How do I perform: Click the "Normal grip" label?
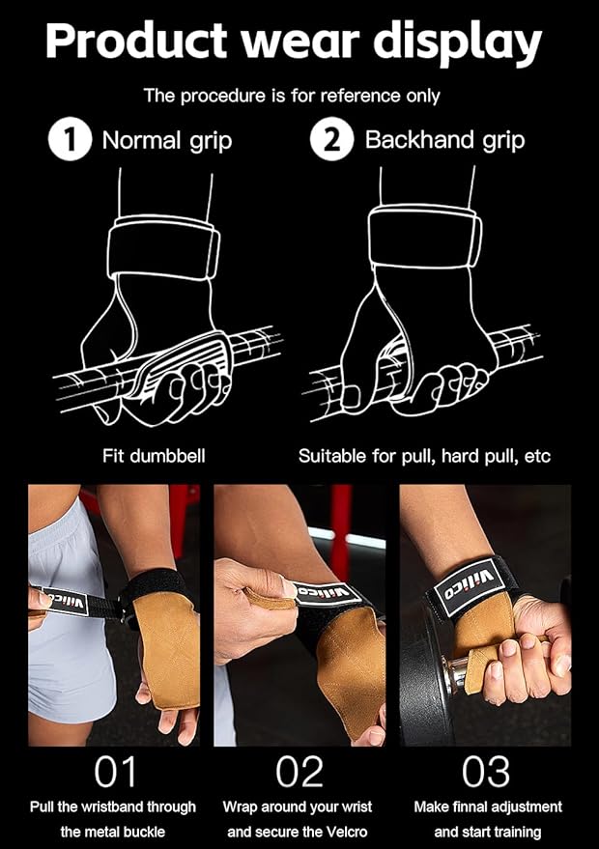(x=167, y=141)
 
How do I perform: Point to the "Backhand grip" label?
(x=444, y=141)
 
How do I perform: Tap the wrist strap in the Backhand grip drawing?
(x=426, y=241)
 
